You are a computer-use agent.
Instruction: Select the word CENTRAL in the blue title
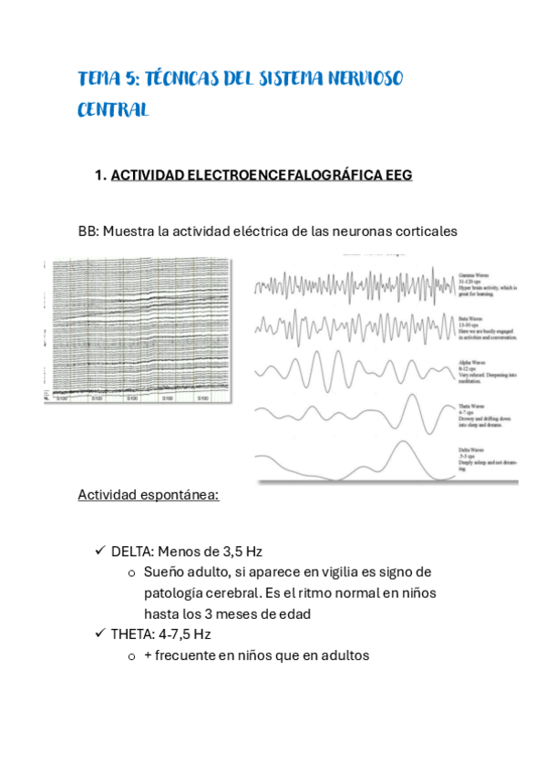(x=113, y=109)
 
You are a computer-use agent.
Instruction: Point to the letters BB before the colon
(x=87, y=232)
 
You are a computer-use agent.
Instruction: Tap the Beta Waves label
(x=470, y=318)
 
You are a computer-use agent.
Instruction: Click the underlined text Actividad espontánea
(x=148, y=495)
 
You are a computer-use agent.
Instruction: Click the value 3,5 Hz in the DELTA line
(x=242, y=551)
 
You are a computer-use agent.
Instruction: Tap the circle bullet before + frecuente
(x=132, y=655)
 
